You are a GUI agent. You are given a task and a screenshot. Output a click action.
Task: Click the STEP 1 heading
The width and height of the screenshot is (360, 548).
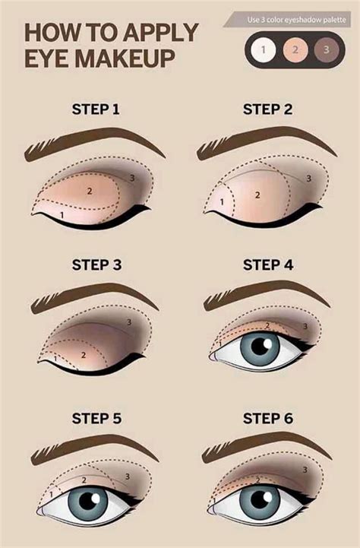(x=96, y=109)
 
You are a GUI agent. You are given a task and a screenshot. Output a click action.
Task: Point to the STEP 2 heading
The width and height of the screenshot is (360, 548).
(x=267, y=109)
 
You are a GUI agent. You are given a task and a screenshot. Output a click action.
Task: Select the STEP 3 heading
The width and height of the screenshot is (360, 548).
(x=96, y=265)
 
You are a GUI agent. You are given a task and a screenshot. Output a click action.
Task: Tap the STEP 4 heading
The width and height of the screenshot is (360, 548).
(x=267, y=265)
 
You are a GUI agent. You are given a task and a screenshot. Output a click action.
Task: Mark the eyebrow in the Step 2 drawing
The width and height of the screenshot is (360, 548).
(x=262, y=142)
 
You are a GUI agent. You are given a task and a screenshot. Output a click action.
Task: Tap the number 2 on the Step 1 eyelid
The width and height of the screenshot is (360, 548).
(x=89, y=191)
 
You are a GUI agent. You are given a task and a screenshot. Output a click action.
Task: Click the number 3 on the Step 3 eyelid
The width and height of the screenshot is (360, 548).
(x=130, y=322)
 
